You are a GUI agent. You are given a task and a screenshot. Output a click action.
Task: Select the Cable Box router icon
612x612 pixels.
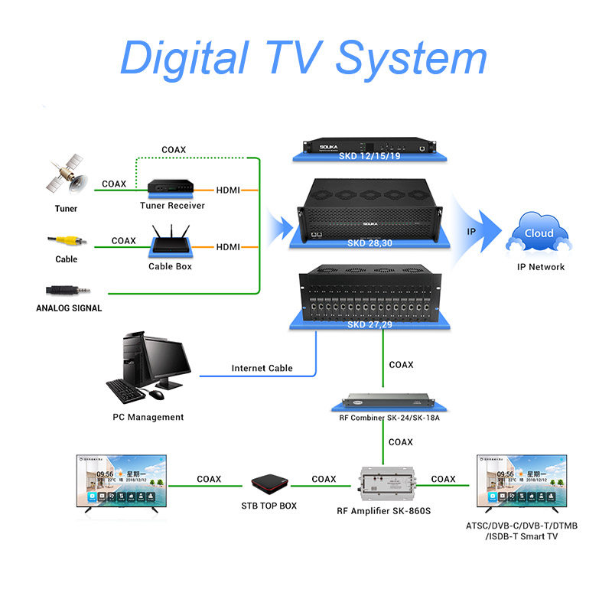pos(171,242)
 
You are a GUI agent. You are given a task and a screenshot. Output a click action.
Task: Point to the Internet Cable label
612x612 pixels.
pos(262,368)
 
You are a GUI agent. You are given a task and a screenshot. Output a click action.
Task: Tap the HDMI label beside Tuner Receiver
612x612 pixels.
pos(229,189)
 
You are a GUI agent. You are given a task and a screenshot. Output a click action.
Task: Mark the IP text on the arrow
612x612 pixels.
pos(471,230)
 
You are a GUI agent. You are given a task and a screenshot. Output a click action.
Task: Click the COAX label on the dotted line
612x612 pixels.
pos(174,150)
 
